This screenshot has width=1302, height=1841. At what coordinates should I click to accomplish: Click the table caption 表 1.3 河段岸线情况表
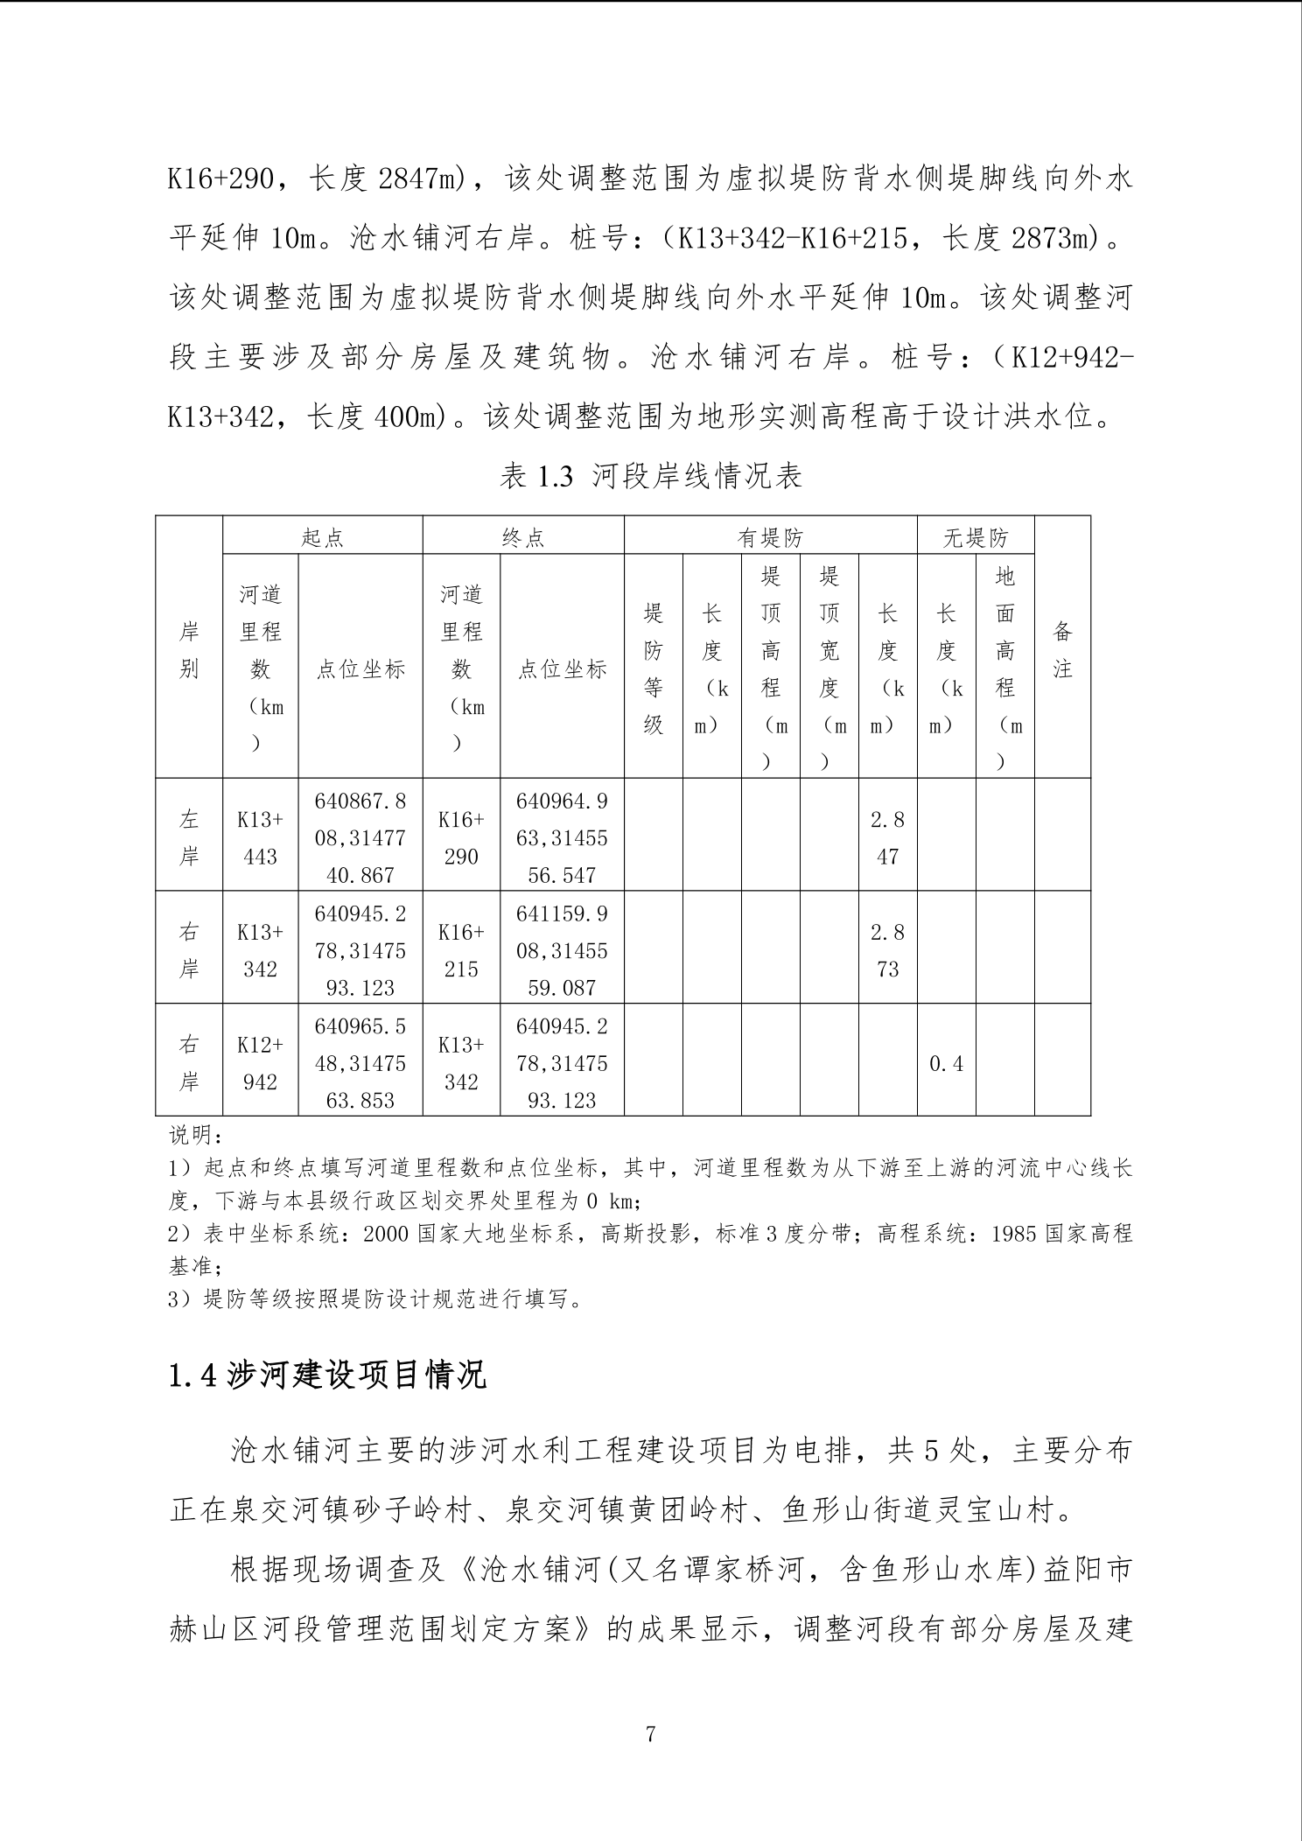click(x=650, y=477)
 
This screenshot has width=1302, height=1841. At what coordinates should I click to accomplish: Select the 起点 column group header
click(x=322, y=536)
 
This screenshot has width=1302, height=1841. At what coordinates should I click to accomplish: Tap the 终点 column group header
click(x=523, y=536)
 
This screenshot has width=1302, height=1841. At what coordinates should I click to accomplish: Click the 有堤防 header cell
click(x=770, y=536)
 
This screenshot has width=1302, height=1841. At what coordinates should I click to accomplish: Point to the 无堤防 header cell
click(x=975, y=536)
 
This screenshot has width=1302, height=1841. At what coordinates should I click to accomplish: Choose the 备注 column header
click(x=1062, y=649)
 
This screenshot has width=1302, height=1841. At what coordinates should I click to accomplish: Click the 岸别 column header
click(x=189, y=649)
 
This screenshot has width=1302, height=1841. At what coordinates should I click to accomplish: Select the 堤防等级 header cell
click(x=653, y=668)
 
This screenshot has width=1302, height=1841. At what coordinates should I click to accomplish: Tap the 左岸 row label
click(x=189, y=837)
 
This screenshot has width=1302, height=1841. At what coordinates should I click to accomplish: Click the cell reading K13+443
click(x=260, y=837)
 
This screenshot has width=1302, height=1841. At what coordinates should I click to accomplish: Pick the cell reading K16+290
click(x=461, y=837)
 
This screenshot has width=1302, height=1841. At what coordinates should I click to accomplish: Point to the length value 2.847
click(x=887, y=837)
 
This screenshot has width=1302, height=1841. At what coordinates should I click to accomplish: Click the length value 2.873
click(x=887, y=950)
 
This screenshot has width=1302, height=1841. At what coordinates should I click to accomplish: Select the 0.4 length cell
click(x=946, y=1063)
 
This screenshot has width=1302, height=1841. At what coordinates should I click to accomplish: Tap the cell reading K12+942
click(x=260, y=1063)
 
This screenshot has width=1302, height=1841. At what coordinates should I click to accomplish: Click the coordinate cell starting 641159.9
click(x=562, y=950)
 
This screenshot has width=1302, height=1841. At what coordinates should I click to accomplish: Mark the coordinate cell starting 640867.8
click(x=360, y=837)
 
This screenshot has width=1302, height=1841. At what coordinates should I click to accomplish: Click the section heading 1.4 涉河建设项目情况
click(x=327, y=1375)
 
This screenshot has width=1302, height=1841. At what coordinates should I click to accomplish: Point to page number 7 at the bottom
click(x=650, y=1733)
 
